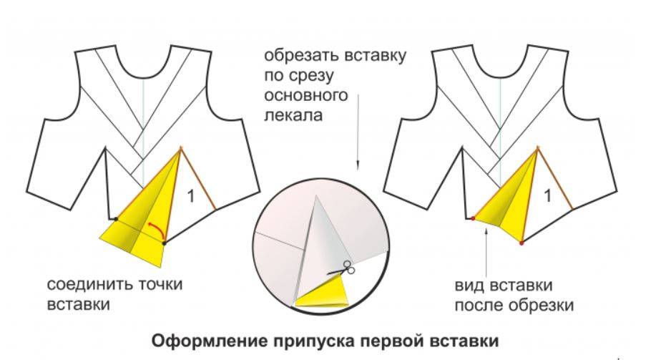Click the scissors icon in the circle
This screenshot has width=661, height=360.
point(346,270)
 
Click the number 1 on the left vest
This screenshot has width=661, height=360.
point(191,195)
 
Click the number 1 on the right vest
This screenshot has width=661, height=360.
point(547,195)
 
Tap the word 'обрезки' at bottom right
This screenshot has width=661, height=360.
point(549,306)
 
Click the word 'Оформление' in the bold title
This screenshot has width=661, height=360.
point(205,339)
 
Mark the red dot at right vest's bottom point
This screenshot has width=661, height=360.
point(522,243)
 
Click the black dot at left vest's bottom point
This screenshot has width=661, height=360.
point(164,244)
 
